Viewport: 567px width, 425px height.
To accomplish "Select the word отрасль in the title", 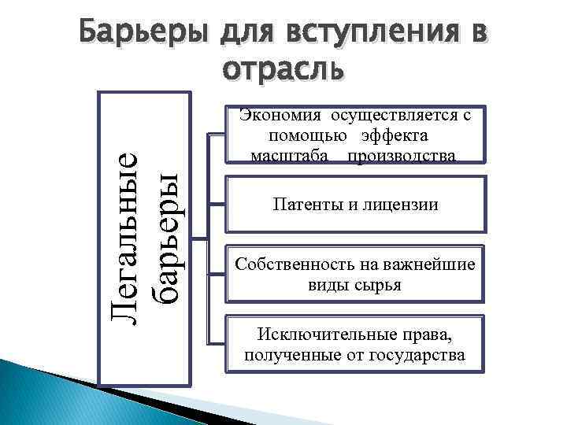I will coord(283,69).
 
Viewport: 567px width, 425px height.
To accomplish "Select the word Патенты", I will coord(302,205).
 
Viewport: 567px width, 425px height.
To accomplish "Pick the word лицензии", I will coord(401,205).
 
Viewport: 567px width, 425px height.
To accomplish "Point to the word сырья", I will coord(381,284).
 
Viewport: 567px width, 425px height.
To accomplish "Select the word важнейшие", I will coord(434,264).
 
